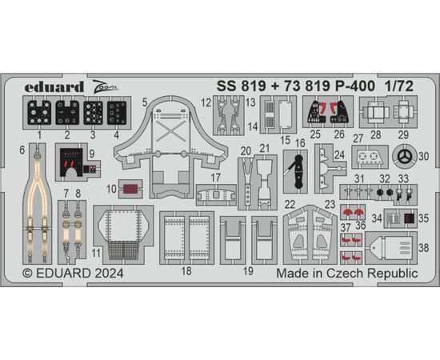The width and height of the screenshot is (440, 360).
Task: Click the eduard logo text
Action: [54, 86]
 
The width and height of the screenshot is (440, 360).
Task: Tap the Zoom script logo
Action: [106, 86]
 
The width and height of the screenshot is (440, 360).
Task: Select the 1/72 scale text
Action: [399, 86]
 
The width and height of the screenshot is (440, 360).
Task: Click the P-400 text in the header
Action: [355, 86]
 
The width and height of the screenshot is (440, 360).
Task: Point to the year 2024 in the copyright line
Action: [109, 273]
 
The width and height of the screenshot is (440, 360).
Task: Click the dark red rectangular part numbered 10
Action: [130, 189]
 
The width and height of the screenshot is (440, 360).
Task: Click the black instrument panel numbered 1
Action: [39, 113]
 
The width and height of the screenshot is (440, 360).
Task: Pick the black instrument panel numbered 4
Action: [117, 113]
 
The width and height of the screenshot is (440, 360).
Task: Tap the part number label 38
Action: [424, 248]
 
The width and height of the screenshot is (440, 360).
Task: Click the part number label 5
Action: [145, 102]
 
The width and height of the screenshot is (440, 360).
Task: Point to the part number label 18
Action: [186, 271]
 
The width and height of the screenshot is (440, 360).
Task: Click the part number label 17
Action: [215, 178]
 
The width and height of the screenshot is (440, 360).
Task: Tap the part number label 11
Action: [96, 253]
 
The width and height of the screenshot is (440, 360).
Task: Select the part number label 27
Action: [358, 138]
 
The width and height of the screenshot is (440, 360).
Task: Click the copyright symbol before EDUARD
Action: [27, 274]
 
